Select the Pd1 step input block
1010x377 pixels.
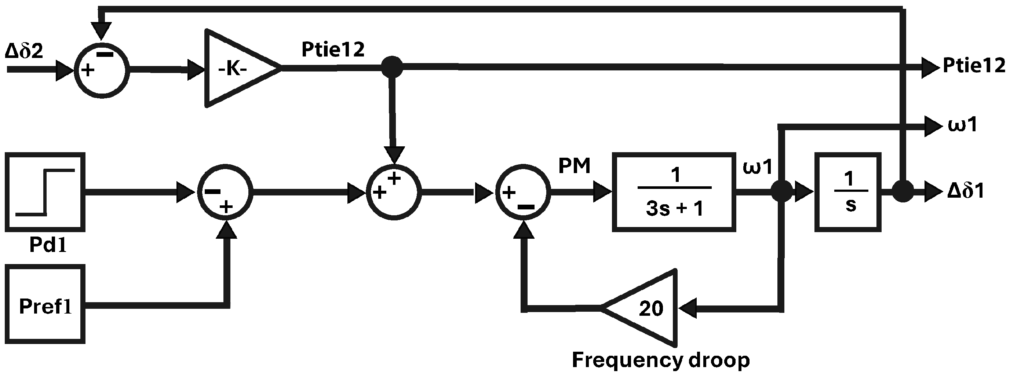[45, 192]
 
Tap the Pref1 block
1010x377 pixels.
[45, 304]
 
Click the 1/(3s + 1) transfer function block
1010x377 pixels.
[674, 192]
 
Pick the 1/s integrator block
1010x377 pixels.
[848, 192]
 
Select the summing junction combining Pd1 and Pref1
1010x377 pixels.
[225, 193]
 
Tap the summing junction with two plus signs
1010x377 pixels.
[394, 193]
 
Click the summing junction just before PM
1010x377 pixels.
[523, 193]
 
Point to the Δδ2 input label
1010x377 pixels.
[24, 51]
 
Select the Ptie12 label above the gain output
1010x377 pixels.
[333, 50]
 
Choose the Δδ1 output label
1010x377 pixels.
[965, 192]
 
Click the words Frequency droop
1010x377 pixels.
[661, 360]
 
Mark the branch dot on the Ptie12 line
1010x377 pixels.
[392, 67]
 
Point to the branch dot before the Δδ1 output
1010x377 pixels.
[903, 192]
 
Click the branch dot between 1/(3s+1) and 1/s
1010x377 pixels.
[781, 192]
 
